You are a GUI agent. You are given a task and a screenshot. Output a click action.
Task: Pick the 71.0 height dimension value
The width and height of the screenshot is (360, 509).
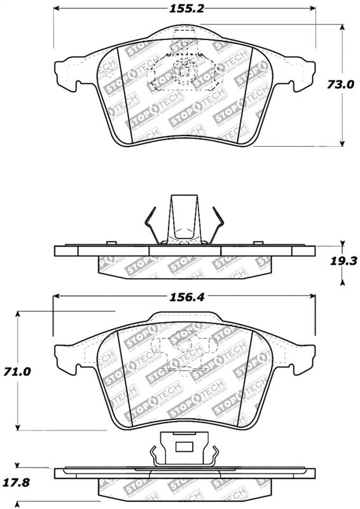click(x=18, y=371)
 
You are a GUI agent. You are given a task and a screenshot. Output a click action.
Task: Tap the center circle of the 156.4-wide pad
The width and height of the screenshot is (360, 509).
click(x=184, y=346)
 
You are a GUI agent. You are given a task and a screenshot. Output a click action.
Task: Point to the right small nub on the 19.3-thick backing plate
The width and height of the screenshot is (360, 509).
click(x=258, y=243)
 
